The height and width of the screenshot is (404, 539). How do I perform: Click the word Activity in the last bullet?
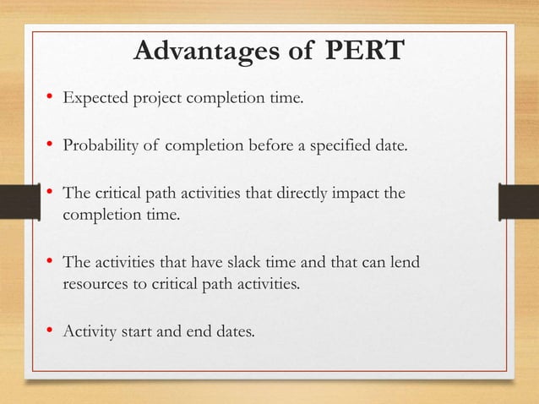89,330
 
